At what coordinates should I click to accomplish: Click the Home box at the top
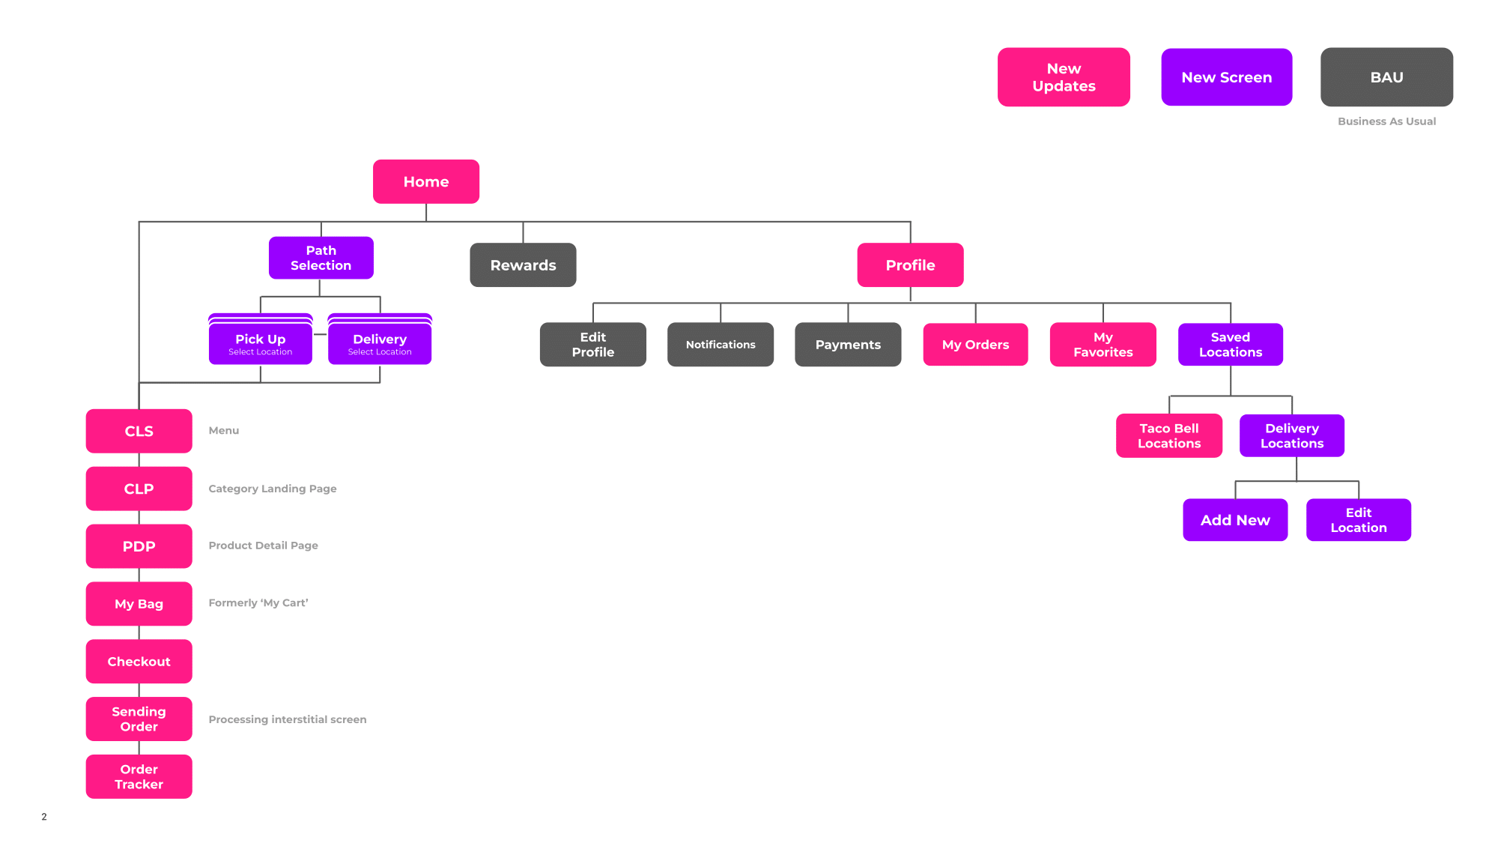(x=425, y=181)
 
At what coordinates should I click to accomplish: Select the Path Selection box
(x=321, y=258)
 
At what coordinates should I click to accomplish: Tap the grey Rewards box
(x=523, y=265)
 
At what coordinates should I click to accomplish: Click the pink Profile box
(x=910, y=265)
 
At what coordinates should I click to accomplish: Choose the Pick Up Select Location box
(x=260, y=344)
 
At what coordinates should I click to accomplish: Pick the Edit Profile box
(x=592, y=344)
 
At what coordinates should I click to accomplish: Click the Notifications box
(x=720, y=344)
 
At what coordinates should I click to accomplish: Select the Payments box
(x=847, y=344)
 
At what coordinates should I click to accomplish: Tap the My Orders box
(x=975, y=344)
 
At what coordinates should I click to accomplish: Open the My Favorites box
(x=1103, y=344)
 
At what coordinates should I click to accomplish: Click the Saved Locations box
(x=1230, y=344)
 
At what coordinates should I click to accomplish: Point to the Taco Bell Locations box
(x=1168, y=435)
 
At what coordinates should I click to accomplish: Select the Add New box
(x=1235, y=519)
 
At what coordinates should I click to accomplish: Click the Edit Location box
(x=1358, y=519)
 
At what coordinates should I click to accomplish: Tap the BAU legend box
(x=1386, y=77)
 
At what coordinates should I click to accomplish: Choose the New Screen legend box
(x=1226, y=77)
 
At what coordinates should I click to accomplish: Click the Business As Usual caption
(x=1386, y=121)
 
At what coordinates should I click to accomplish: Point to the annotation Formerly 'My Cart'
(x=258, y=602)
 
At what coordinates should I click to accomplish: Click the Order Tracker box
(x=139, y=776)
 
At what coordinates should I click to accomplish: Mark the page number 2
(x=44, y=817)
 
